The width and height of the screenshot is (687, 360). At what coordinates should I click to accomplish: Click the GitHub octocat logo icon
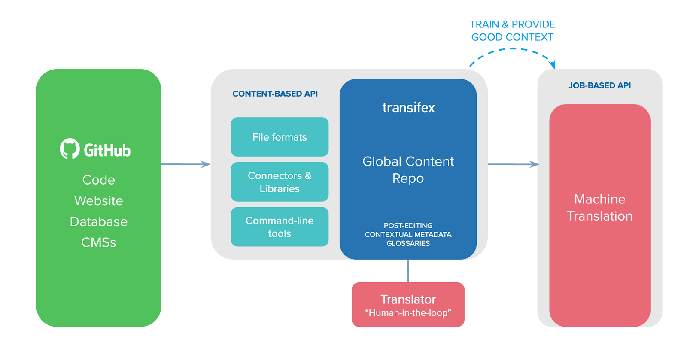click(x=70, y=148)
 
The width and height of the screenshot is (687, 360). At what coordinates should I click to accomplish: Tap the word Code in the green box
click(x=99, y=180)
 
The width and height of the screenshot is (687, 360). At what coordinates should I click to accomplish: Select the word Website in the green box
click(x=99, y=201)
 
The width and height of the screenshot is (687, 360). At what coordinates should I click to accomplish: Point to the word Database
click(x=99, y=222)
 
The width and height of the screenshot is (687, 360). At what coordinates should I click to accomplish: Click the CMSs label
click(x=99, y=242)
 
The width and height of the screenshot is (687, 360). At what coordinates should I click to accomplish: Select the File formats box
click(x=280, y=137)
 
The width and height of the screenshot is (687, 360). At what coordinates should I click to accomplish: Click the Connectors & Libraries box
click(x=280, y=182)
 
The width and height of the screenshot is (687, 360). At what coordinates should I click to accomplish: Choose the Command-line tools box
click(x=280, y=227)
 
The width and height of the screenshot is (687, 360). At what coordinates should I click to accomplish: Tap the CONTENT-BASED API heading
click(x=275, y=94)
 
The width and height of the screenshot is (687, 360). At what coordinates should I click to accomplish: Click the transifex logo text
click(x=408, y=107)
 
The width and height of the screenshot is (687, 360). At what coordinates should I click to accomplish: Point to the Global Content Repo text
click(x=408, y=169)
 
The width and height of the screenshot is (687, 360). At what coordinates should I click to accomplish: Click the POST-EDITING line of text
click(x=408, y=226)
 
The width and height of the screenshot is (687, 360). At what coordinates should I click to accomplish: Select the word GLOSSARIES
click(x=408, y=243)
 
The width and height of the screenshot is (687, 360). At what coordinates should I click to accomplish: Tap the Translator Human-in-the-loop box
click(x=408, y=305)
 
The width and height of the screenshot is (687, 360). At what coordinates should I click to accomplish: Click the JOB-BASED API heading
click(x=599, y=85)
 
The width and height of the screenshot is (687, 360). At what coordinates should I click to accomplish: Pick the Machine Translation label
click(x=599, y=207)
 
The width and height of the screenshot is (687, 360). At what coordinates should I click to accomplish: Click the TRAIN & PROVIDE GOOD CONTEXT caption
click(x=512, y=30)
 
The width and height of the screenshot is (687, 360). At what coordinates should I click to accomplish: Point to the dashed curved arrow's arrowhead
click(x=553, y=65)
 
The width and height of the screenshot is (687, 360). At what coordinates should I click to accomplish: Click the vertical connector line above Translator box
click(x=408, y=271)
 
